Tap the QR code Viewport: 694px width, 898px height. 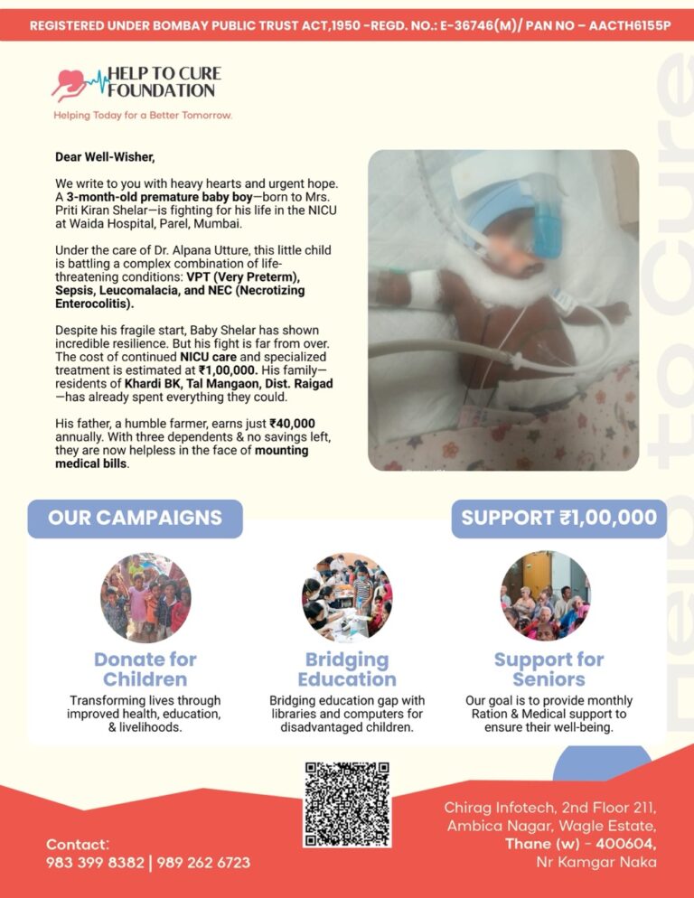pos(347,803)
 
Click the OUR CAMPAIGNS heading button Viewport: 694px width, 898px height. pos(135,519)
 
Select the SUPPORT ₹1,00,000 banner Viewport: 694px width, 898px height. pos(558,519)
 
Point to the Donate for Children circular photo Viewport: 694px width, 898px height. pos(145,597)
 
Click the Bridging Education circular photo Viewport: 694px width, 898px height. pos(347,597)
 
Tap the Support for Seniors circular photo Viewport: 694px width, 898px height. pos(546,597)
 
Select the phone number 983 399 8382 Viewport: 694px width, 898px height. pos(95,863)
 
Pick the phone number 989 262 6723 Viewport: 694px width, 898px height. pos(203,863)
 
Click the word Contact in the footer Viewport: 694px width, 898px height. pos(76,844)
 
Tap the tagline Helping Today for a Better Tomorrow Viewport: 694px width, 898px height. pos(143,116)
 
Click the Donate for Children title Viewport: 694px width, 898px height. pos(145,669)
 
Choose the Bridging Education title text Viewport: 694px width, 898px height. pos(347,669)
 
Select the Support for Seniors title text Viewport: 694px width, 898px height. pos(549,669)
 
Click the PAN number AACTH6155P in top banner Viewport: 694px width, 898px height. pos(630,25)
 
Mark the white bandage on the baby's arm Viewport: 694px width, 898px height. pos(424,288)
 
